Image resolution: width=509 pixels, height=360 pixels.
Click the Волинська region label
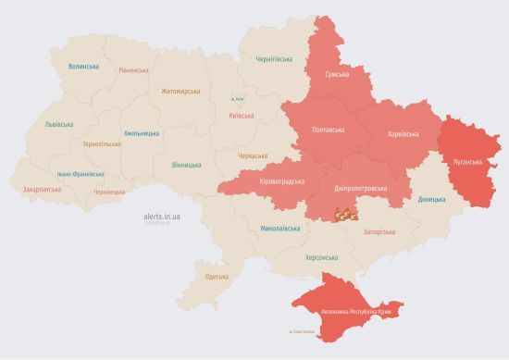click(x=83, y=67)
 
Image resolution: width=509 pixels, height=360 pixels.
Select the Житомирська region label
click(x=180, y=91)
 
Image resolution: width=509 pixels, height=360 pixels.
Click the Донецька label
click(x=431, y=199)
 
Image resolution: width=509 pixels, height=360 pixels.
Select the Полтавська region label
click(x=330, y=130)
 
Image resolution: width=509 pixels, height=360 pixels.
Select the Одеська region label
click(x=217, y=277)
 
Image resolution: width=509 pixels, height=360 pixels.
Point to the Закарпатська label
click(x=42, y=190)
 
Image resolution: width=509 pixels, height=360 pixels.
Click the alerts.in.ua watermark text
click(x=162, y=216)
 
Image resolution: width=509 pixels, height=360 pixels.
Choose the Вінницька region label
click(x=186, y=165)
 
